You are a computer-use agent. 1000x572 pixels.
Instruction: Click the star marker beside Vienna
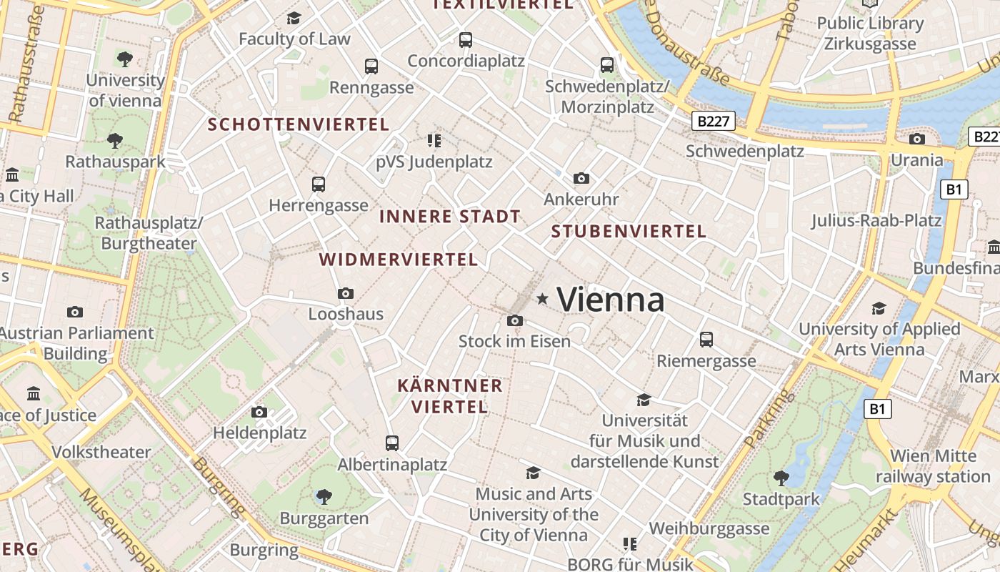(x=543, y=299)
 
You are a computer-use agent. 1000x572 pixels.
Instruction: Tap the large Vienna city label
(x=611, y=299)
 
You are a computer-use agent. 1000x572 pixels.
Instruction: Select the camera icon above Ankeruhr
(x=581, y=178)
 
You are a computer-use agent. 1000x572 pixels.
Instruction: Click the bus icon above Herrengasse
(x=319, y=184)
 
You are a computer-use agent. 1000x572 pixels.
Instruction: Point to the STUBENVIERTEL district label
(x=629, y=232)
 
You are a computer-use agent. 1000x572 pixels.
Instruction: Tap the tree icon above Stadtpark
(x=781, y=477)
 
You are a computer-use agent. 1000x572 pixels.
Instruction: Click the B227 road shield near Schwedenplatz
(x=714, y=121)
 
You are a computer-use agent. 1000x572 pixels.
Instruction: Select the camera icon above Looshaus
(x=346, y=293)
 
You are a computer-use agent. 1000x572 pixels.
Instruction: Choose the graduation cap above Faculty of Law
(x=294, y=18)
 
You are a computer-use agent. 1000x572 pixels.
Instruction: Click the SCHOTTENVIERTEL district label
(x=299, y=124)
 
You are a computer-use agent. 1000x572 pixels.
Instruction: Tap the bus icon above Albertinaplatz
(x=391, y=443)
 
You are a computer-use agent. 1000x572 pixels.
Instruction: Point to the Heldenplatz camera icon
(x=259, y=412)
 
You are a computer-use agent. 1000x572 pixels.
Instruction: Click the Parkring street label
(x=769, y=418)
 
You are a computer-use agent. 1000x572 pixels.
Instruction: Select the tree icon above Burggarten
(x=324, y=495)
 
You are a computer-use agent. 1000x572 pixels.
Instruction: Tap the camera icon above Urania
(x=917, y=139)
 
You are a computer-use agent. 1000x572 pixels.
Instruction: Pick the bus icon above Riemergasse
(x=706, y=339)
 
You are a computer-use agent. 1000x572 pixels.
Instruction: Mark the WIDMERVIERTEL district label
(x=399, y=260)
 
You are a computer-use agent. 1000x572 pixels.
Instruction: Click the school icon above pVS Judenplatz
(x=434, y=140)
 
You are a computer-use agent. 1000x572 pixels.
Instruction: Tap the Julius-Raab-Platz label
(x=876, y=220)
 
